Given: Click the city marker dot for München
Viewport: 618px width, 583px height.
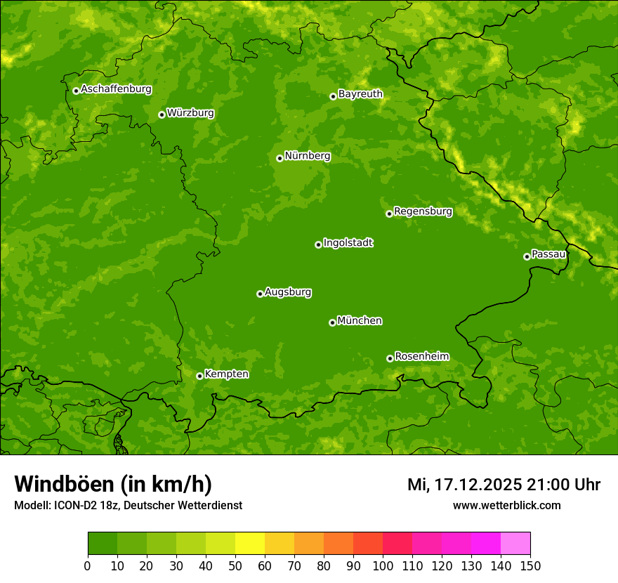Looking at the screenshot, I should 332,322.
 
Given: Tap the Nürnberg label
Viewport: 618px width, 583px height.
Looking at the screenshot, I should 307,156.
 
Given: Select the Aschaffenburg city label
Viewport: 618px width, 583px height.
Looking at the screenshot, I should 116,89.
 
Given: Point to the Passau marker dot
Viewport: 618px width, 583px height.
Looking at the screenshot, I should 527,256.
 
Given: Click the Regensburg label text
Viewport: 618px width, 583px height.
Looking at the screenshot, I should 423,211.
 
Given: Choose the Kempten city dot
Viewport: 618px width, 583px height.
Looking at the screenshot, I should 199,376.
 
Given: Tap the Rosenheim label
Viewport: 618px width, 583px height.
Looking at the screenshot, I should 421,357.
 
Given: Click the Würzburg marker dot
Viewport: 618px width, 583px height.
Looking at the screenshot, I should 162,114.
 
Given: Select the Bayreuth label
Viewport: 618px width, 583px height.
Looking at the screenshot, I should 360,94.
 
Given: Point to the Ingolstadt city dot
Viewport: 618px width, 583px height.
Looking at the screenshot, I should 318,244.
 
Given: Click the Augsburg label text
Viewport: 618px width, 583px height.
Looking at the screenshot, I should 288,292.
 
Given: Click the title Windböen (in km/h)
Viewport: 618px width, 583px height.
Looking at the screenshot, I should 112,484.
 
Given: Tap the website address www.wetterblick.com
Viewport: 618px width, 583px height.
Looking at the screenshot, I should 506,505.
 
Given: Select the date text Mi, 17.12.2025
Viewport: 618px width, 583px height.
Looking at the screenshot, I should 464,485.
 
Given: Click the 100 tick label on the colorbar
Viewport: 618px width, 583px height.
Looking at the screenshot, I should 383,565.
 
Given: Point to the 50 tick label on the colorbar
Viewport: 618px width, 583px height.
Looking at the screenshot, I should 235,565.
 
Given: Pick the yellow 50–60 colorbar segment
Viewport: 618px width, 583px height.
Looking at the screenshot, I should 250,544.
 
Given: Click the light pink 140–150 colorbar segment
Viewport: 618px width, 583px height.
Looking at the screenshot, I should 515,544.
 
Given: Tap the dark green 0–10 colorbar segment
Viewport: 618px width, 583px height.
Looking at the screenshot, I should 103,544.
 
